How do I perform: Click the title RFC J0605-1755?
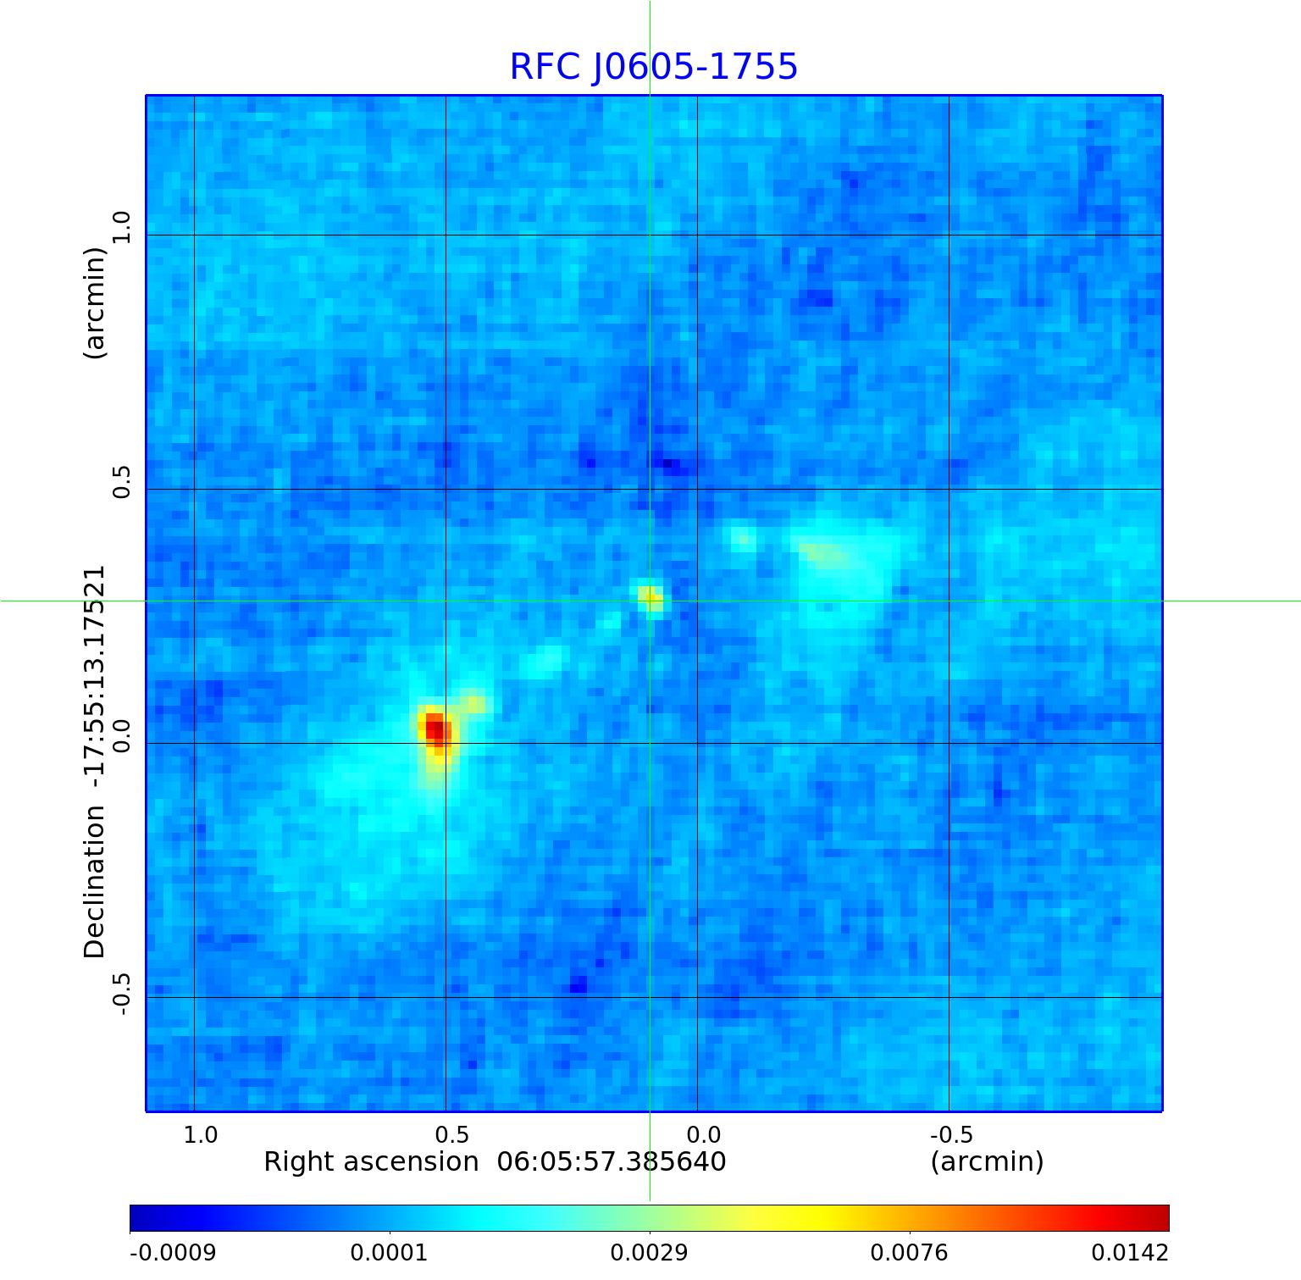click(x=653, y=67)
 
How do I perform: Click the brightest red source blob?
click(x=435, y=728)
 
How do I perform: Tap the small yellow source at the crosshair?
click(x=650, y=598)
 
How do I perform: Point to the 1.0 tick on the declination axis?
click(x=122, y=227)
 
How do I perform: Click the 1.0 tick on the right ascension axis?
click(x=201, y=1134)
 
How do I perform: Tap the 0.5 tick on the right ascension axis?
click(x=451, y=1134)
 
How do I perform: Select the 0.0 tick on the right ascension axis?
click(x=703, y=1134)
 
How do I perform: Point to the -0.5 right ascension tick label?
click(x=951, y=1134)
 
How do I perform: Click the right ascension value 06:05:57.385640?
click(x=611, y=1161)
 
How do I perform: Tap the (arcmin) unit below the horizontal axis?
click(x=987, y=1161)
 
